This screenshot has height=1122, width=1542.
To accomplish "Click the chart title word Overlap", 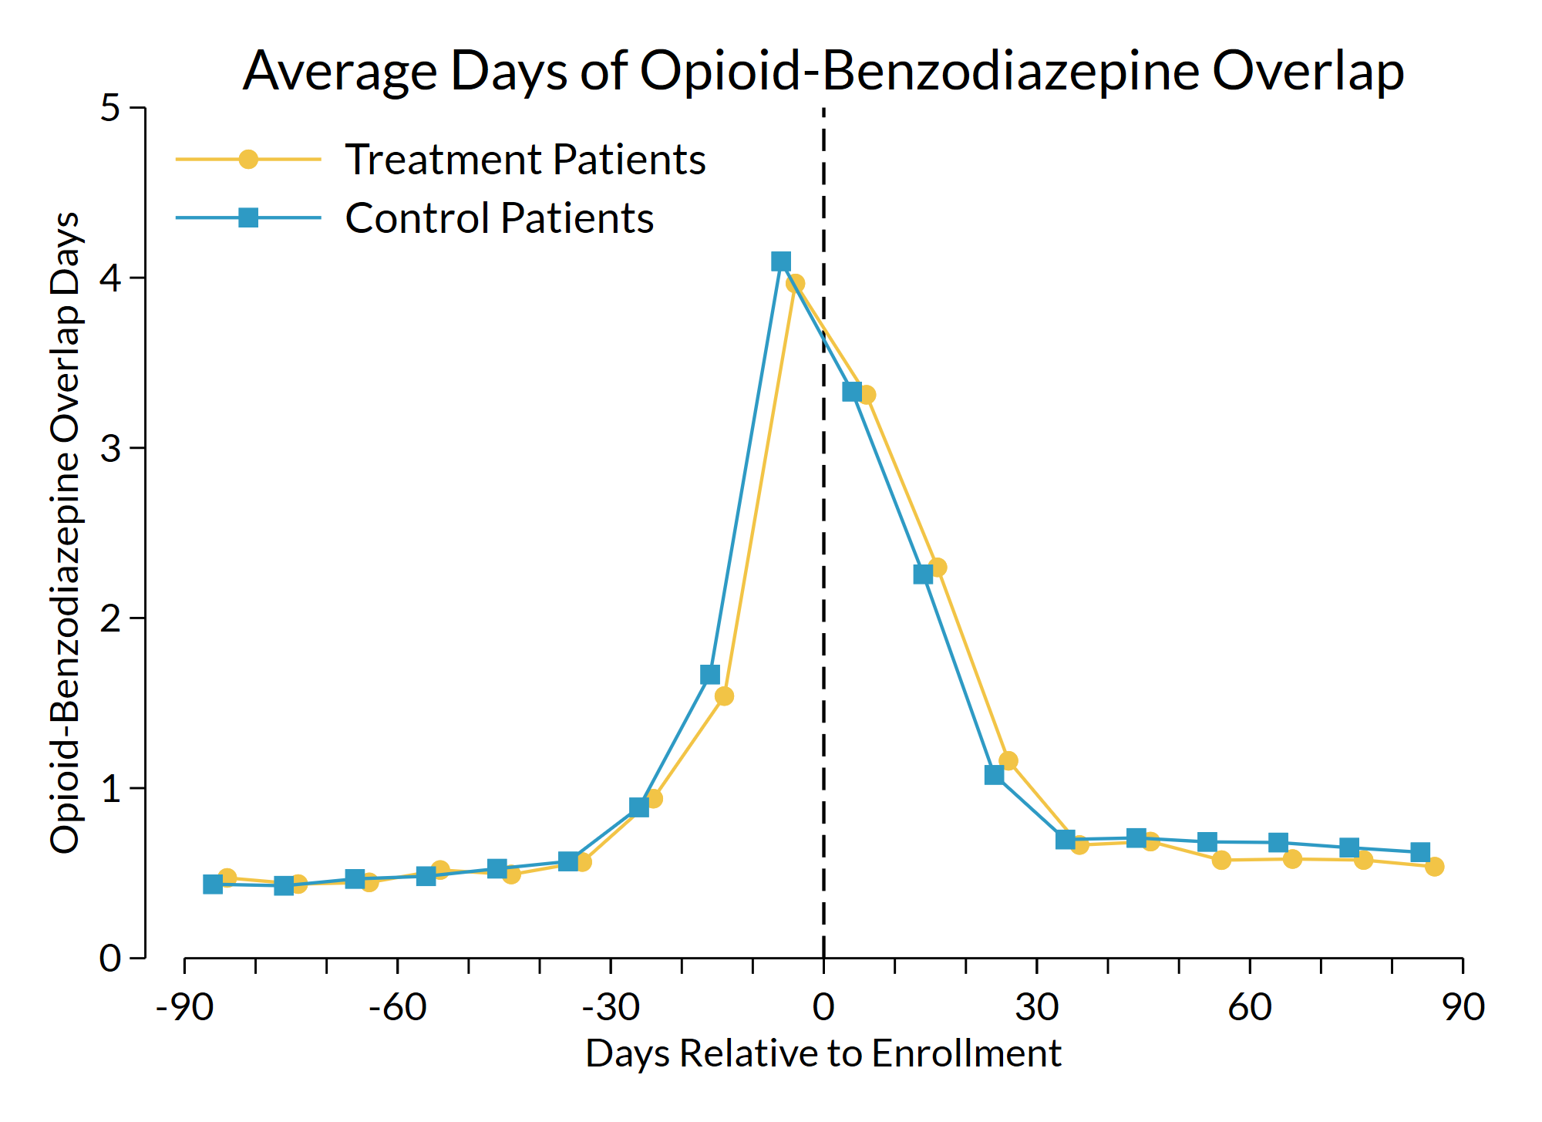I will click(x=1308, y=71).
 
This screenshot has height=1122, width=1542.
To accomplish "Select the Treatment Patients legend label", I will click(x=525, y=160).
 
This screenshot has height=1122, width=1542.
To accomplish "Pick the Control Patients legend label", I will click(x=499, y=218).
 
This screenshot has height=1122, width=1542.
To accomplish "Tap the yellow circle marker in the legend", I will click(x=248, y=160).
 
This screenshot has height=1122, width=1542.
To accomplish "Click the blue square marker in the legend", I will click(x=248, y=218).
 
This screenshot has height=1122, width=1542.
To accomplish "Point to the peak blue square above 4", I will click(x=780, y=261).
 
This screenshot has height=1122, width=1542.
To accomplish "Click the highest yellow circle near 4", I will click(x=795, y=284).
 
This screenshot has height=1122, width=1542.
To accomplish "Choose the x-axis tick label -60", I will click(x=397, y=1007).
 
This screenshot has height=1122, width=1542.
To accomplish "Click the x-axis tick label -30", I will click(x=610, y=1007).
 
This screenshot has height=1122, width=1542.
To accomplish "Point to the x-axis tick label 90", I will click(x=1463, y=1007).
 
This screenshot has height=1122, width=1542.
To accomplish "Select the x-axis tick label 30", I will click(x=1036, y=1007).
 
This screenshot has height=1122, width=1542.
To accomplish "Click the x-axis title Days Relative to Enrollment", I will click(x=823, y=1054).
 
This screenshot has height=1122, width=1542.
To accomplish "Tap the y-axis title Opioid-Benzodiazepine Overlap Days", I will click(x=65, y=532).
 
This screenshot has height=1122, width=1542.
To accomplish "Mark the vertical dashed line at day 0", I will click(x=823, y=617).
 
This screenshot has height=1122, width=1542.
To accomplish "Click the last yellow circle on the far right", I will click(x=1434, y=867).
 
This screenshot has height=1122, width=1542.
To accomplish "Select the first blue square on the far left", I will click(x=213, y=884).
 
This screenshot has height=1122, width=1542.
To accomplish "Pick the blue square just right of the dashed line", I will click(x=851, y=392).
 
